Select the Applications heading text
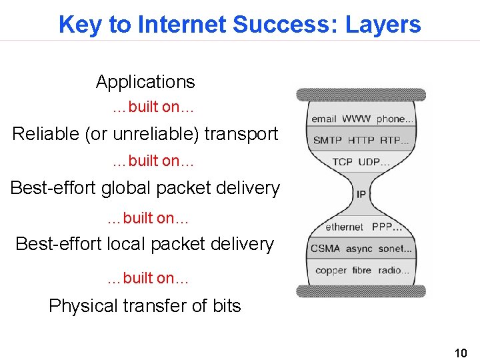coord(145,82)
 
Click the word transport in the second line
coord(241,134)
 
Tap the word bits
coord(227,306)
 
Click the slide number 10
coord(460,352)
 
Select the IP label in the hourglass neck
coord(361,195)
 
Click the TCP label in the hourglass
coord(342,162)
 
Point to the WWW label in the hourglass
coord(357,119)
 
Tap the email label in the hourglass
coord(324,119)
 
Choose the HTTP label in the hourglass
coord(361,141)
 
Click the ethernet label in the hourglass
coord(344,227)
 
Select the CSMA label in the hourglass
coord(325,249)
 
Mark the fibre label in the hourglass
coord(362,270)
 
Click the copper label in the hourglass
coord(331,271)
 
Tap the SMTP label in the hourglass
coord(327,141)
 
